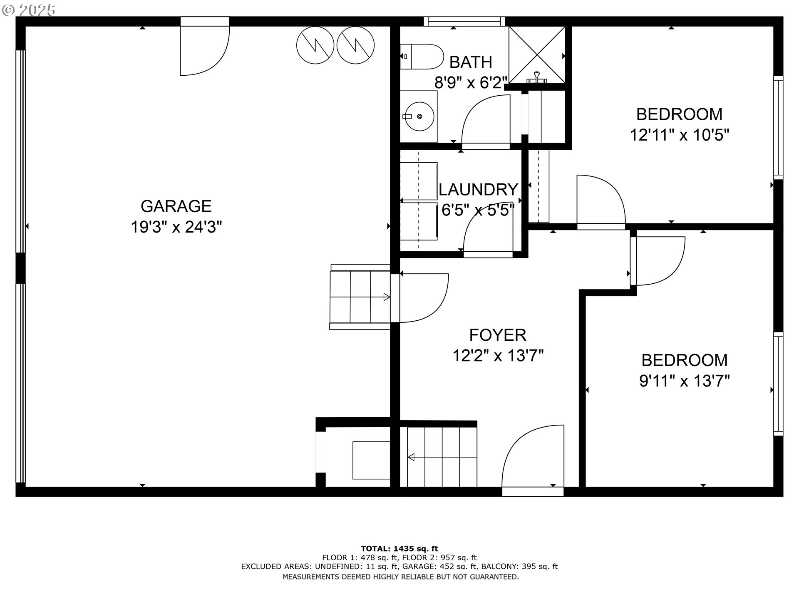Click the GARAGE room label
[176, 206]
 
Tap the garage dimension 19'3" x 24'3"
[176, 227]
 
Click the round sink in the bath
[420, 116]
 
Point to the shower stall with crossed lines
[537, 55]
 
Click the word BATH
[471, 62]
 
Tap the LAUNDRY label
[478, 189]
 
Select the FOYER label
[498, 335]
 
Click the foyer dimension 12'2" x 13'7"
[498, 356]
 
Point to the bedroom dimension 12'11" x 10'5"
[680, 135]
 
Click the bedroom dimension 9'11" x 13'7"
[685, 381]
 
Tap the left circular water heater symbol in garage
[315, 45]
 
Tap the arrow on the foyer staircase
[442, 458]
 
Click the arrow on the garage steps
[360, 297]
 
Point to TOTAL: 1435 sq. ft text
[399, 549]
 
